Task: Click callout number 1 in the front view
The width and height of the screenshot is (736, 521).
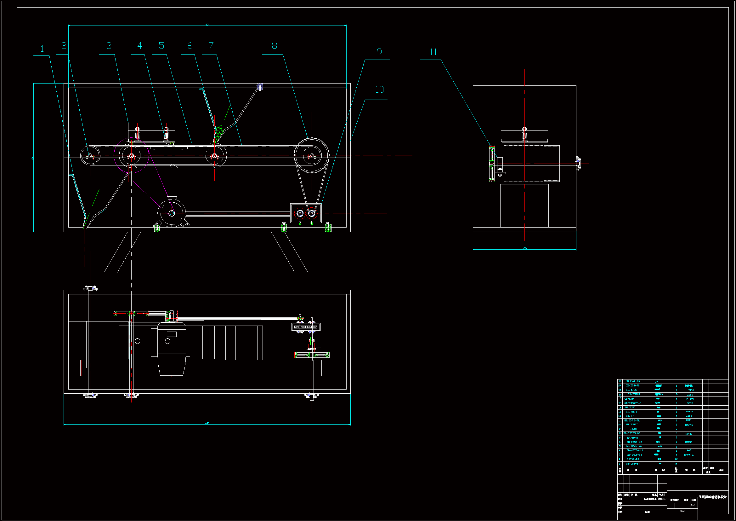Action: (42, 49)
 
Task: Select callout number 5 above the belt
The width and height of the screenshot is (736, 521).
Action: (161, 46)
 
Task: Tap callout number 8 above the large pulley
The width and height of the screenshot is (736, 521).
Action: (275, 46)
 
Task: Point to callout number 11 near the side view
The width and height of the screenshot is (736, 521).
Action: (433, 52)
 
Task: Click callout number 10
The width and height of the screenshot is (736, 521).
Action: (380, 90)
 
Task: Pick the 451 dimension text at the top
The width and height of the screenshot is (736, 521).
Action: (207, 24)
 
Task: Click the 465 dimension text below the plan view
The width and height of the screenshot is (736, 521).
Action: (207, 423)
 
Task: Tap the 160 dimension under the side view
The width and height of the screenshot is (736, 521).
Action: (524, 248)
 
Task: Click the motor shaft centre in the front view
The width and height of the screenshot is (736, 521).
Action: (172, 213)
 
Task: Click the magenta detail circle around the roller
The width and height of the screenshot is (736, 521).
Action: (131, 156)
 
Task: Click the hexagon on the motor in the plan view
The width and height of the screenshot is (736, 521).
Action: (167, 341)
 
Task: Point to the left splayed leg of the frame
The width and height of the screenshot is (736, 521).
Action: (122, 253)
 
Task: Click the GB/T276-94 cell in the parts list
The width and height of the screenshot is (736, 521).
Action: (634, 446)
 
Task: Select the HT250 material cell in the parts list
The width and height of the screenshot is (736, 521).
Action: (689, 425)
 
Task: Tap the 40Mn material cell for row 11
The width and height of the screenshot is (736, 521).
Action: (688, 420)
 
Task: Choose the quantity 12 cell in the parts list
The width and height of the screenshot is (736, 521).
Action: (676, 459)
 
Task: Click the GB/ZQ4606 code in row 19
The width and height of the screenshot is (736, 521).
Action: (632, 385)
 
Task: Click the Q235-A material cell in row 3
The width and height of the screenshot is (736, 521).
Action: (689, 455)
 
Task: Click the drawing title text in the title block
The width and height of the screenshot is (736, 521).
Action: (713, 497)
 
